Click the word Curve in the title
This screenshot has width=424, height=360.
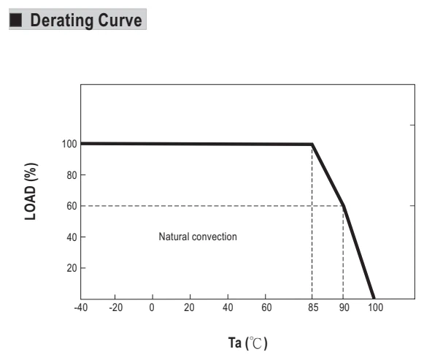click(120, 20)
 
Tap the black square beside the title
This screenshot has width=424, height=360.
click(15, 20)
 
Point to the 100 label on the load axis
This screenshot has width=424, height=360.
click(69, 144)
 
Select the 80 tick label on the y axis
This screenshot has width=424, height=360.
click(72, 175)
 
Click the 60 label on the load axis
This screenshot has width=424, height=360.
click(72, 206)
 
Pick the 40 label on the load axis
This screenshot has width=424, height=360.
click(72, 237)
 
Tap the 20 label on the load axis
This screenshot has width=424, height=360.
click(72, 268)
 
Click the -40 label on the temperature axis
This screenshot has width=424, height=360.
click(81, 307)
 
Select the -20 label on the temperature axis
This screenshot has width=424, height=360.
click(116, 307)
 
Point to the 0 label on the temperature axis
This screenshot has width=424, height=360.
click(152, 307)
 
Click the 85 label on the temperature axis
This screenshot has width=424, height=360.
click(313, 307)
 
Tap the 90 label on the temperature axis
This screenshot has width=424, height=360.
click(344, 307)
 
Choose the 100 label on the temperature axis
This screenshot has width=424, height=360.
click(375, 307)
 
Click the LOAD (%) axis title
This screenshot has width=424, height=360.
click(31, 191)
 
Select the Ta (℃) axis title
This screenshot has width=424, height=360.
click(247, 343)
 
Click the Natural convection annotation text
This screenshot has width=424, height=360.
click(198, 237)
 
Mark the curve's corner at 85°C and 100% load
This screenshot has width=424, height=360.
click(312, 144)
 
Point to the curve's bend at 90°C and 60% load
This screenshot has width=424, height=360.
click(344, 206)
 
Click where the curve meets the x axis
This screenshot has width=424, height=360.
click(374, 299)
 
